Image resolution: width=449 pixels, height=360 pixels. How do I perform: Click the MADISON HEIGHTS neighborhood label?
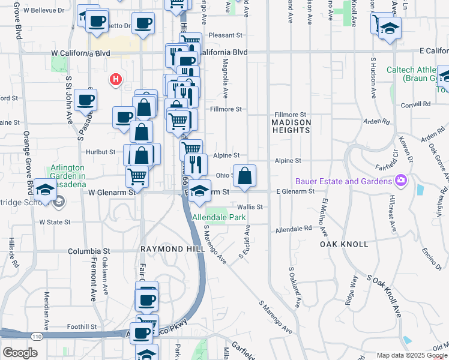pos(292,127)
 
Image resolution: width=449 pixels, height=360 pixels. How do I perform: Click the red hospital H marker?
pos(115,79)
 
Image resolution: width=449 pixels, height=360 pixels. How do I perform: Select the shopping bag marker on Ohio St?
pos(244,176)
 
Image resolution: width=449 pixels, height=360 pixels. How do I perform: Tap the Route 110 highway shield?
pos(37,338)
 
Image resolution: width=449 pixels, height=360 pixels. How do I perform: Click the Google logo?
pos(20,352)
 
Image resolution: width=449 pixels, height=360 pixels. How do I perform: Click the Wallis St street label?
pos(252,206)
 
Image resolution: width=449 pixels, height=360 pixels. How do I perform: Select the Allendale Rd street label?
pos(294,229)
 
